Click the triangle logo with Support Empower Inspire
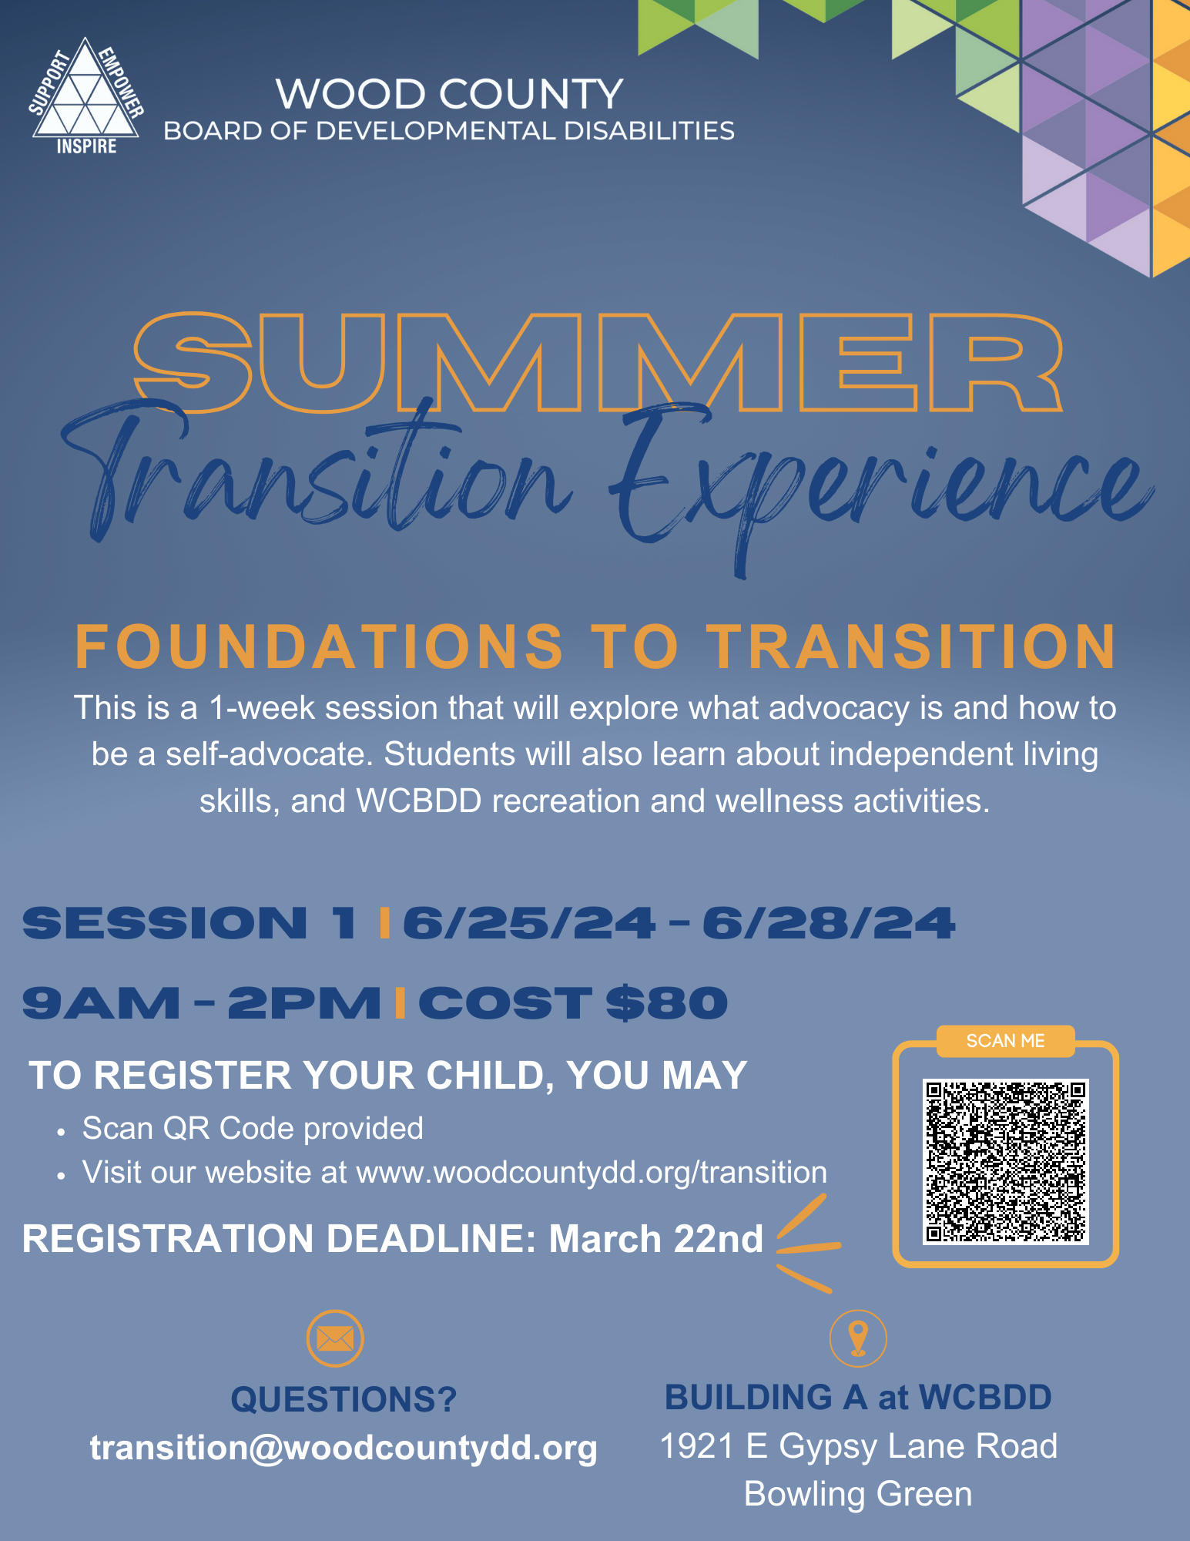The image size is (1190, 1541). [x=86, y=97]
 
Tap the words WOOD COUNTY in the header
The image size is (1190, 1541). [x=449, y=94]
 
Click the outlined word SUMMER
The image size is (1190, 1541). [x=598, y=361]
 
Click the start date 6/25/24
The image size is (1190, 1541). [x=529, y=923]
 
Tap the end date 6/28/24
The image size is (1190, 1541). [x=828, y=923]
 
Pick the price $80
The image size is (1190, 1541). [x=667, y=1003]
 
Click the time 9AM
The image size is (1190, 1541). [x=101, y=1003]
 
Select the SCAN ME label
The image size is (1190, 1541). [x=1005, y=1041]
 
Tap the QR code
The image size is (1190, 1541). [x=1005, y=1161]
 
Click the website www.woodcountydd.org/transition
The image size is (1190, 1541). [x=592, y=1172]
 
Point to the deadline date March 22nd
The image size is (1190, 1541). [x=655, y=1239]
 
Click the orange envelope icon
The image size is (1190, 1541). [x=335, y=1338]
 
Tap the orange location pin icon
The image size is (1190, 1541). [x=858, y=1338]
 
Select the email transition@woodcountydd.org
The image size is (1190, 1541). [x=344, y=1448]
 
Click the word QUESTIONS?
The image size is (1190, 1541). [x=344, y=1399]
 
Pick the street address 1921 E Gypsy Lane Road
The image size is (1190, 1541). [x=858, y=1446]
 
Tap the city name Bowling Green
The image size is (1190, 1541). [x=858, y=1494]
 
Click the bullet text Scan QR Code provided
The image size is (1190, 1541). [x=253, y=1128]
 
